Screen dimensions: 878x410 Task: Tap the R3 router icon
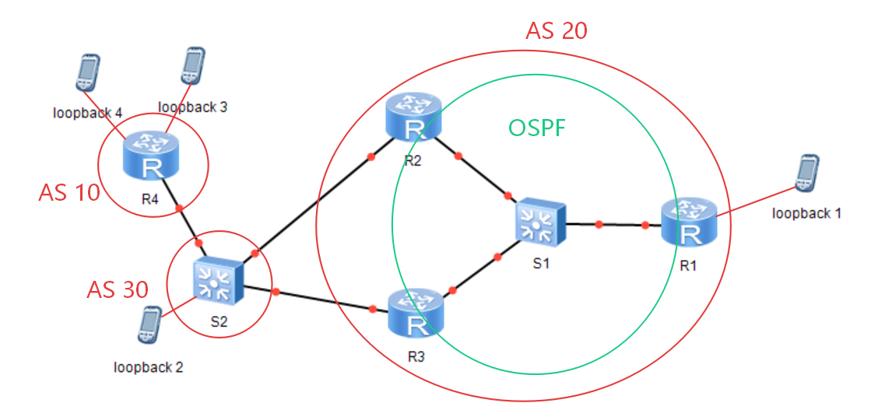click(x=415, y=314)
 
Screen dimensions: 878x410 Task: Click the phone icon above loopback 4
click(x=88, y=72)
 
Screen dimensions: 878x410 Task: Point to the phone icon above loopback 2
click(x=149, y=324)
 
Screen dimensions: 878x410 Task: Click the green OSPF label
click(x=536, y=128)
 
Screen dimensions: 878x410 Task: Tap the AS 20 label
click(x=556, y=31)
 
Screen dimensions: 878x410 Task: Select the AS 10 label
click(x=68, y=193)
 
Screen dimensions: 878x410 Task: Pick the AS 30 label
click(x=118, y=289)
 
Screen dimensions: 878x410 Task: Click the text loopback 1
click(x=806, y=213)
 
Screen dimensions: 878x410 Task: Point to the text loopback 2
click(x=149, y=367)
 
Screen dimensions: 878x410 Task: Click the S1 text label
click(x=539, y=265)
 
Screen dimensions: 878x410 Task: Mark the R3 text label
click(x=416, y=357)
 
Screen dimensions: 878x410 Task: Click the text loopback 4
click(x=88, y=113)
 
